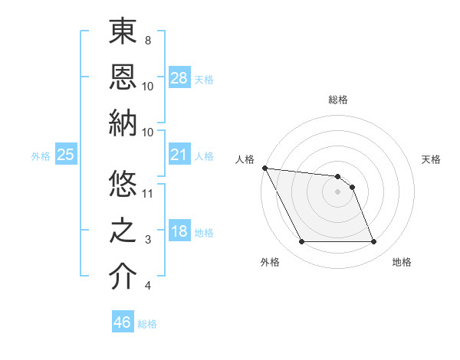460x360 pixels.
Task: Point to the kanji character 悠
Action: pos(123,185)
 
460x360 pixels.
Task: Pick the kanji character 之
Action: pos(123,231)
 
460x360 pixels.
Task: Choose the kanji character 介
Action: pos(123,277)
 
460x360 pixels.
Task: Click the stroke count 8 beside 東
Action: pos(147,40)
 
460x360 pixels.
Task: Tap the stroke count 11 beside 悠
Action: pos(148,194)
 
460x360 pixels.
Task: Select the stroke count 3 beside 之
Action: pos(147,240)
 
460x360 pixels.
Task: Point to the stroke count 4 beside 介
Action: pos(147,286)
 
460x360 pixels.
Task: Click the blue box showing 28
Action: pos(179,78)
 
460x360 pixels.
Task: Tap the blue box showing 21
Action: pos(179,155)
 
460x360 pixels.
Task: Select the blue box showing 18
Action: pos(179,232)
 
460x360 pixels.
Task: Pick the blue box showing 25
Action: pos(65,155)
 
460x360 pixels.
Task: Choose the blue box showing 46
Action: pos(122,322)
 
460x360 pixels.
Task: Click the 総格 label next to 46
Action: pos(147,324)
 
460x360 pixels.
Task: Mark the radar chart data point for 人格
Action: pos(264,168)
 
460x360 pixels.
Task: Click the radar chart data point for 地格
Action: pos(373,242)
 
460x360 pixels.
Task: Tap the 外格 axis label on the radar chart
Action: pos(270,263)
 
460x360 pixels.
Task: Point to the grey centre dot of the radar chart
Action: pos(337,191)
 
